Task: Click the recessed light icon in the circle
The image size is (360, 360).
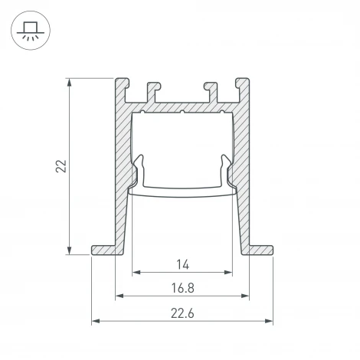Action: [x=29, y=31]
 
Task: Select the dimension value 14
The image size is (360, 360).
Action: [x=182, y=264]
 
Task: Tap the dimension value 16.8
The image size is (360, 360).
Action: [x=182, y=289]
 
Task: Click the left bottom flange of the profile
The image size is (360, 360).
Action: [x=105, y=250]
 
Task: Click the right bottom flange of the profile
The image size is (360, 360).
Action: [x=260, y=250]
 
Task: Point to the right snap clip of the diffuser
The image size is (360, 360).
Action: [x=227, y=170]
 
